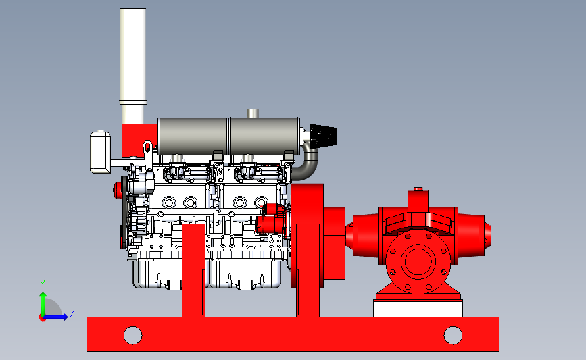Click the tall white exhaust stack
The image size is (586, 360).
(x=133, y=66)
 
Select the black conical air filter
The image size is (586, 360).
(x=324, y=135)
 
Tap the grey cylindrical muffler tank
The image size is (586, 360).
(x=228, y=136)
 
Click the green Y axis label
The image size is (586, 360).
(x=43, y=284)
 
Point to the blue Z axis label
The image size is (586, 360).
(x=72, y=313)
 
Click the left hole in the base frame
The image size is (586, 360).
(x=132, y=335)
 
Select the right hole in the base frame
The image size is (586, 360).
(x=453, y=335)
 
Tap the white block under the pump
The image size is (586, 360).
(x=418, y=309)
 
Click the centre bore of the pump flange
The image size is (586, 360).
(x=418, y=261)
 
